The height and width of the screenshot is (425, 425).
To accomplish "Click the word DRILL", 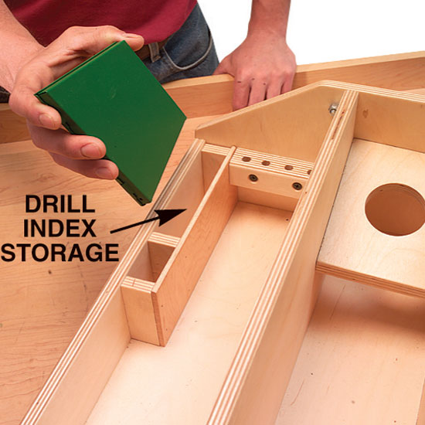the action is point(60,204).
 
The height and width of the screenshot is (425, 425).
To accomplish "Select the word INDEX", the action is point(60,228).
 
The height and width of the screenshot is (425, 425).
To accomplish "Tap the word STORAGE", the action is point(60,253).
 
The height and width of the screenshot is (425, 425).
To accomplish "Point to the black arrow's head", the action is point(172,217).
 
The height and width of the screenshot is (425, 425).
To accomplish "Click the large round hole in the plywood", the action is point(395,209).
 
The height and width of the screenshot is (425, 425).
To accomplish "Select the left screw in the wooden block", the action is point(253,178).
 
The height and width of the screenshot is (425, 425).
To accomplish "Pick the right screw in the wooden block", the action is point(297,185).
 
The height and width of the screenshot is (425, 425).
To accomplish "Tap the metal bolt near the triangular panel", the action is point(333,108).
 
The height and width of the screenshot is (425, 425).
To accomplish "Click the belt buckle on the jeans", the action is point(154,51).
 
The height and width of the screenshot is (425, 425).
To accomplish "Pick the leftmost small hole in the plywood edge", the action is point(246,159).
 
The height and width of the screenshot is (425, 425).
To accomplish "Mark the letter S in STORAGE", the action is point(8,253).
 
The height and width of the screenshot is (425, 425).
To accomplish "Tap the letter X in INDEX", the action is point(88,228).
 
